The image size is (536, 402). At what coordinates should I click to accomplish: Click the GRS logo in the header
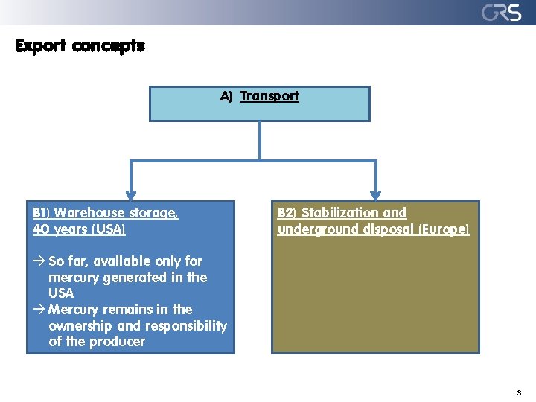tap(501, 13)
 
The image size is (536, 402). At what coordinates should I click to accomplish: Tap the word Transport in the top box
tap(269, 96)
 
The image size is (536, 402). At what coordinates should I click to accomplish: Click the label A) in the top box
tap(226, 96)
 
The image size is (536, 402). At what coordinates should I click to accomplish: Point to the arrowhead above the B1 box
tap(131, 193)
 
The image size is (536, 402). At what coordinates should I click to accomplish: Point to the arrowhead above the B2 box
tap(375, 193)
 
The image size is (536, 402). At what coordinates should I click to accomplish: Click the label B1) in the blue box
tap(42, 213)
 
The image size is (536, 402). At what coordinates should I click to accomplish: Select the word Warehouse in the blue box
tap(89, 213)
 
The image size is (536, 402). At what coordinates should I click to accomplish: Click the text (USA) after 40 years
tap(109, 229)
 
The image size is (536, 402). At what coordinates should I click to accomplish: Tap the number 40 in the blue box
tap(42, 229)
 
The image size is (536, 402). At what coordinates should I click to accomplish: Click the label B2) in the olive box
tap(287, 213)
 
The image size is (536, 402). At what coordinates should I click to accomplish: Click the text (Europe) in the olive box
tap(444, 229)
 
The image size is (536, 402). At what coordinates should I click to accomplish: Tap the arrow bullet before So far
tap(39, 261)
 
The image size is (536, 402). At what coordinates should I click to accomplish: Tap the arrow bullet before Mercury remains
tap(39, 310)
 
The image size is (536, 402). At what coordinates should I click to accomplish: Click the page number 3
tap(519, 392)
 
